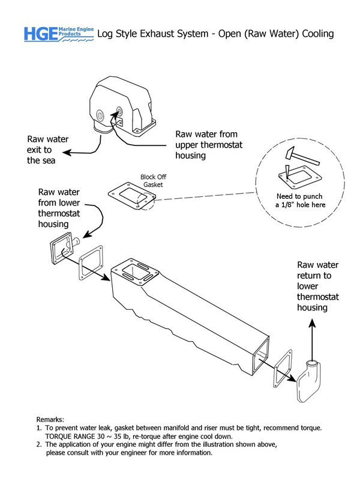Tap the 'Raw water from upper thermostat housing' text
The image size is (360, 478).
206,144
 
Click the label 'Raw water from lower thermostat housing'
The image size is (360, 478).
58,208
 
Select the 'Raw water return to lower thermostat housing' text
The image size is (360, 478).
318,286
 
